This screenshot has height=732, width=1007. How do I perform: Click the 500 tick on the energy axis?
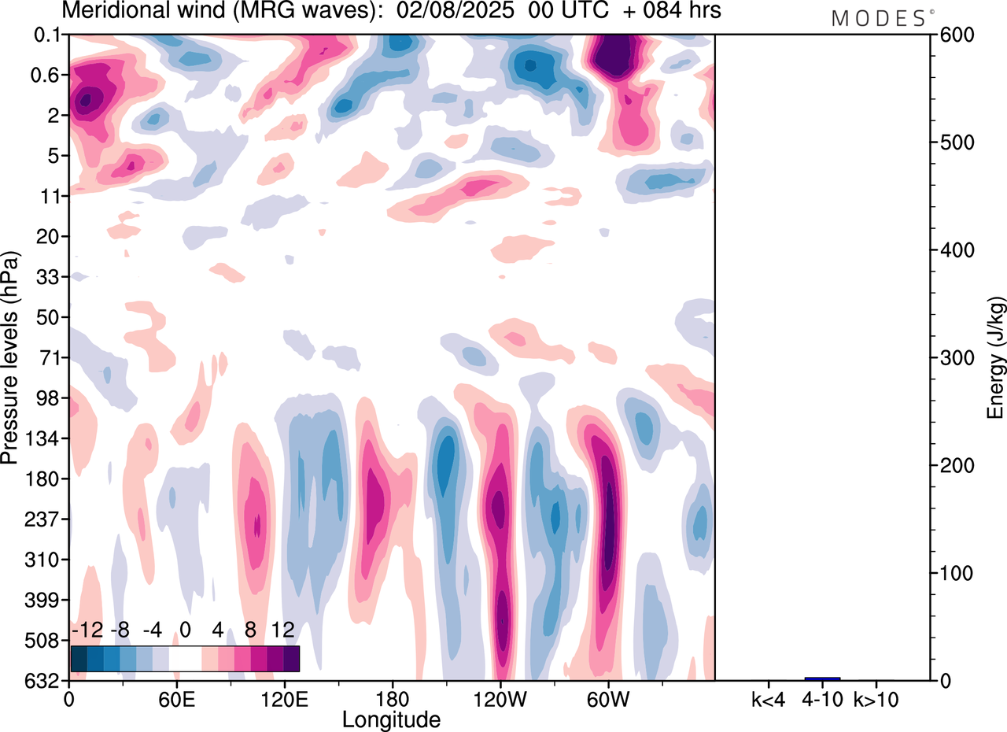pos(954,142)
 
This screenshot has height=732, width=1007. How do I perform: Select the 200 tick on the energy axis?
pos(954,465)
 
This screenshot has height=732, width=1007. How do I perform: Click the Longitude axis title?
pos(391,719)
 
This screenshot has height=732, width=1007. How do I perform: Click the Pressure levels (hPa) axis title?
pos(10,358)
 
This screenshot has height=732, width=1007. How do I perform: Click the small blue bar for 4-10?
pos(822,678)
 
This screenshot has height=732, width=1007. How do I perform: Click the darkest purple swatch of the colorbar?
pos(291,658)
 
